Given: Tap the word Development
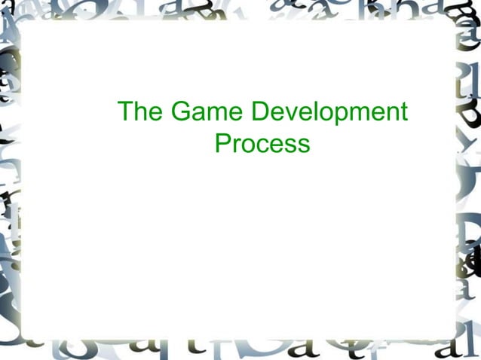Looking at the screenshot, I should click(x=328, y=114).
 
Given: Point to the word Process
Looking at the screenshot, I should click(x=262, y=143).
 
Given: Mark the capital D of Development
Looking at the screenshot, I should click(x=259, y=112).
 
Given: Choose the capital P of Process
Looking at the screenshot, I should click(x=222, y=142).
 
